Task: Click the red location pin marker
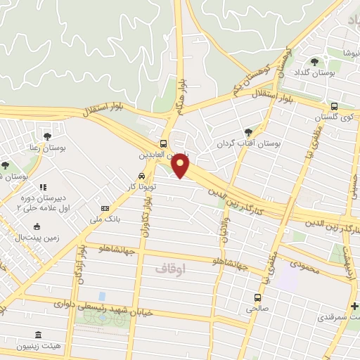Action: tap(181, 166)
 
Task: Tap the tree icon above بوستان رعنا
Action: tap(47, 136)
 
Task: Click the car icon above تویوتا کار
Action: tap(141, 176)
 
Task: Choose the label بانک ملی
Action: tap(105, 219)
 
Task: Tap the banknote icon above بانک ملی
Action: tap(105, 208)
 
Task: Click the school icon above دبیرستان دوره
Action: tap(43, 187)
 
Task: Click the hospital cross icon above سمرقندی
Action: tap(354, 305)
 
